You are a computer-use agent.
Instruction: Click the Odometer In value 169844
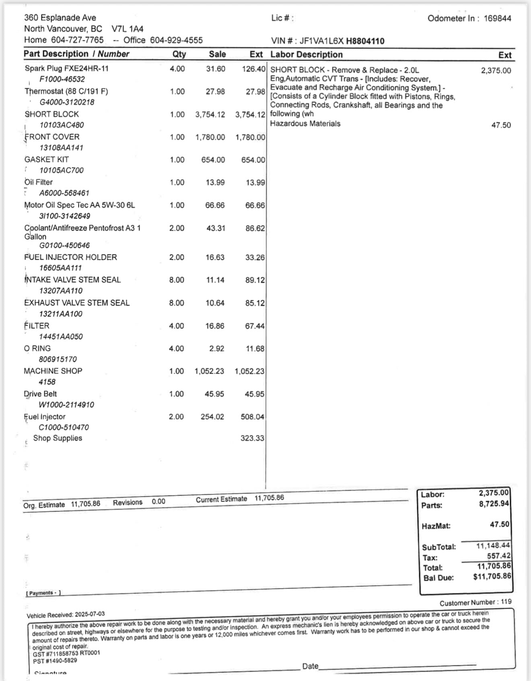pos(497,19)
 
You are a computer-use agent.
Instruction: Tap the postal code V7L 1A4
pos(128,29)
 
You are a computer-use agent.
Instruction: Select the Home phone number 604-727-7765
pos(77,40)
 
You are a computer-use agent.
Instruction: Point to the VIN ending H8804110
pos(365,41)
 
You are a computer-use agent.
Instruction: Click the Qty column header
pos(179,54)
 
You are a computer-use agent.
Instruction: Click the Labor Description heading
pos(306,55)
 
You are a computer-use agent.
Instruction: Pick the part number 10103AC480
pos(62,125)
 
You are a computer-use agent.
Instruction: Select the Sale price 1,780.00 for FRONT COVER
pos(210,137)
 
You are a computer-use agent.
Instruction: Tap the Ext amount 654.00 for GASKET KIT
pos(253,160)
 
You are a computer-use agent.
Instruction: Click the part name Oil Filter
pos(39,182)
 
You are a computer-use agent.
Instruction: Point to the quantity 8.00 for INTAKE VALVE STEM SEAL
pos(177,280)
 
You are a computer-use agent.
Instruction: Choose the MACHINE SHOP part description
pos(53,371)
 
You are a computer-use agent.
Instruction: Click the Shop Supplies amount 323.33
pos(252,438)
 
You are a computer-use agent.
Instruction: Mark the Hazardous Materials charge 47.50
pos(501,125)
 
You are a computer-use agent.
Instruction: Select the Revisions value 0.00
pos(158,502)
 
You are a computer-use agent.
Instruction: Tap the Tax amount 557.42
pos(498,556)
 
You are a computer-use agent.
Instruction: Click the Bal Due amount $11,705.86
pos(492,576)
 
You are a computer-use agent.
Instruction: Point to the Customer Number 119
pos(506,602)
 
